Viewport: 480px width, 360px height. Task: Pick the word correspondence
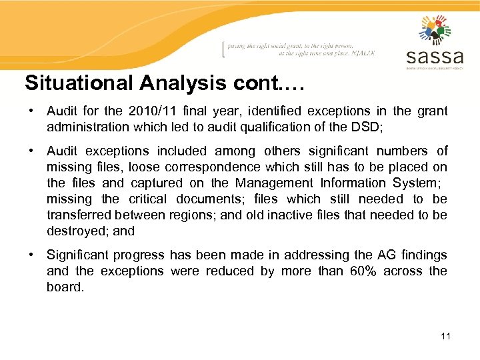click(x=207, y=167)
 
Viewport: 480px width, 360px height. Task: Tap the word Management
click(x=271, y=183)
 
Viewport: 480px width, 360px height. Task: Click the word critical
click(x=148, y=199)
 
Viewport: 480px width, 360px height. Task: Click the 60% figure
click(x=365, y=271)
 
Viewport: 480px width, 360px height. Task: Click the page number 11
click(x=445, y=335)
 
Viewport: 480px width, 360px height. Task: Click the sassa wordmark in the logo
click(x=434, y=56)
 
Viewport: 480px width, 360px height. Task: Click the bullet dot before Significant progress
click(x=31, y=255)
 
